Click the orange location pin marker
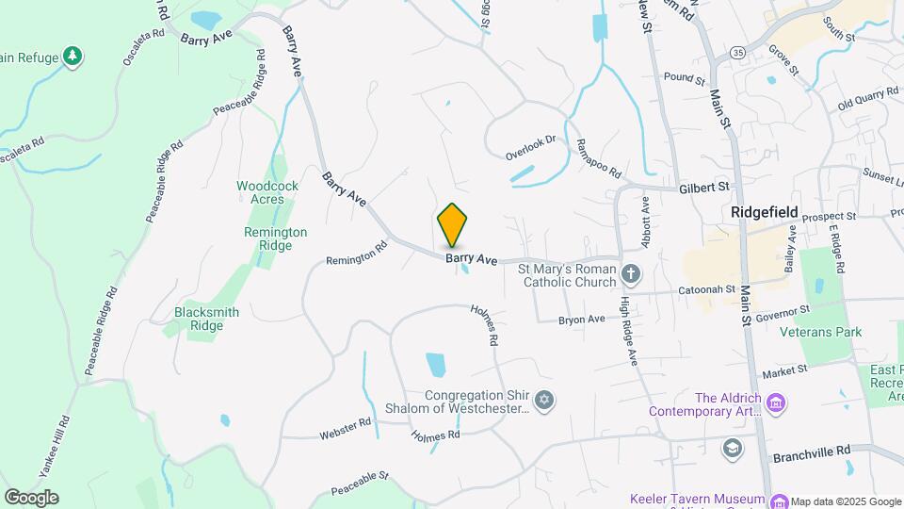[453, 224]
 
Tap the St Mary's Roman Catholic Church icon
[632, 275]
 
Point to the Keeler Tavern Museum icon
[778, 500]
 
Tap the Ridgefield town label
[766, 213]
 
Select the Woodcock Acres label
[267, 192]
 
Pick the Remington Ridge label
[275, 238]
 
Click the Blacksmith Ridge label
[206, 319]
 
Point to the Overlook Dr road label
[531, 146]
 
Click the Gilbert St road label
[704, 189]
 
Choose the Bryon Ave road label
[582, 320]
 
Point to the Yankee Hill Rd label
[62, 442]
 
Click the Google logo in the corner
[31, 498]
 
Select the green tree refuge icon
[73, 57]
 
